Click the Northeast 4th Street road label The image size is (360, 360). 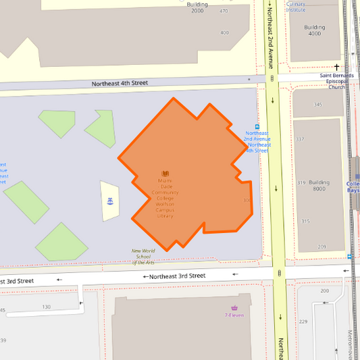(x=120, y=83)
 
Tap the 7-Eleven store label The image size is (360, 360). (x=234, y=315)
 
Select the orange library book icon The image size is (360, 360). (x=165, y=174)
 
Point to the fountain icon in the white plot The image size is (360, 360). (x=109, y=201)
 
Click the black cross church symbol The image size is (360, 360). (x=336, y=67)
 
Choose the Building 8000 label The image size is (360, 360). (x=319, y=186)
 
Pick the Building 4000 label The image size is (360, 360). (x=314, y=30)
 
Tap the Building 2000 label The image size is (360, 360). (x=197, y=7)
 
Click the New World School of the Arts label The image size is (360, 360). (x=143, y=257)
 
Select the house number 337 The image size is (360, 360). (x=300, y=139)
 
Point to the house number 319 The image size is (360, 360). (x=301, y=182)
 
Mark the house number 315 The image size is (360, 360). (x=305, y=222)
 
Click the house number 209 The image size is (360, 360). (x=322, y=247)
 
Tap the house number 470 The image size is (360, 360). (x=224, y=11)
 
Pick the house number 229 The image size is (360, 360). (x=303, y=322)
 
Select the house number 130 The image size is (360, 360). (x=46, y=307)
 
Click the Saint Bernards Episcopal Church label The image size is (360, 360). (x=336, y=81)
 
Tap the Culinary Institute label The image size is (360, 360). (x=296, y=7)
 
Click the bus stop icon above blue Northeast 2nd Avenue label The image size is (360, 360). (x=257, y=126)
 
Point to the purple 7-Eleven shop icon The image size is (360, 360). (x=234, y=308)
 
